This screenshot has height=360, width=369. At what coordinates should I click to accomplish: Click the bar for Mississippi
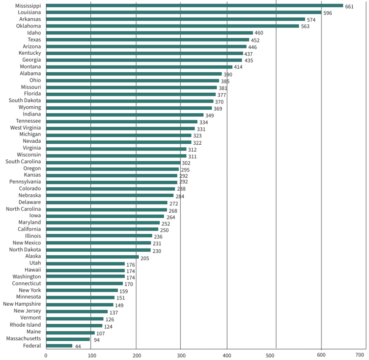[194, 6]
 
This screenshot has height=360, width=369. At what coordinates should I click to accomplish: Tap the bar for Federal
[59, 346]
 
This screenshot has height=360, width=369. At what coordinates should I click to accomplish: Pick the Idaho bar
[149, 33]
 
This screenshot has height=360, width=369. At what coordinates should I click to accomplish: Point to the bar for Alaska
[92, 257]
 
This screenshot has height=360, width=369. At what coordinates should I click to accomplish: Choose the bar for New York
[82, 290]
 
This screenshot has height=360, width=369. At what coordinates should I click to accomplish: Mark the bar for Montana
[139, 67]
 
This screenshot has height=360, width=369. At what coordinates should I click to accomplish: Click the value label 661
[349, 7]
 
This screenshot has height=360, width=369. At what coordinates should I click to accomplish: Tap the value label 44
[78, 346]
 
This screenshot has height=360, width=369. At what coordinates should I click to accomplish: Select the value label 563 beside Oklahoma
[305, 27]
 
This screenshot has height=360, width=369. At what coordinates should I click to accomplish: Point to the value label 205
[144, 258]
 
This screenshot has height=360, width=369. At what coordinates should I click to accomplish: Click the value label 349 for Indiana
[210, 116]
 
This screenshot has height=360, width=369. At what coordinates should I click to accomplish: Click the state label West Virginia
[25, 128]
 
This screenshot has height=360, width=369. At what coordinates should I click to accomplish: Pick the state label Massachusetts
[23, 339]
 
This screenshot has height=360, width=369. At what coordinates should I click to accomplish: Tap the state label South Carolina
[23, 161]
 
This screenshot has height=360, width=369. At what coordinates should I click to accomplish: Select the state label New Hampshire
[22, 304]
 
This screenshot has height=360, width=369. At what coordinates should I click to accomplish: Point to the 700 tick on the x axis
[360, 355]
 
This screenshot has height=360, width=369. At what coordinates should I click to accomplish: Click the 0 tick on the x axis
[46, 355]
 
